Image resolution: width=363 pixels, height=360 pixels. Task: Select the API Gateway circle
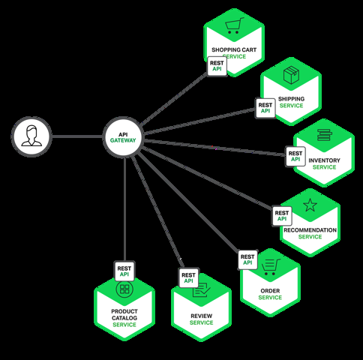124,137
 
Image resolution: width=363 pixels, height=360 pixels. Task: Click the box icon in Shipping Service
290,76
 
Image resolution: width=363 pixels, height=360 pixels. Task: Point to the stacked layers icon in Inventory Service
323,136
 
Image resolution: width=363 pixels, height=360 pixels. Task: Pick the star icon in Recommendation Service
310,205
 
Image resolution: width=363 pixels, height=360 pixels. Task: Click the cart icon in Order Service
270,264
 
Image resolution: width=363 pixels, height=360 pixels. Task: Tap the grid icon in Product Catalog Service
124,289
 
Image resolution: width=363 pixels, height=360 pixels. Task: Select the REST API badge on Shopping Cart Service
217,65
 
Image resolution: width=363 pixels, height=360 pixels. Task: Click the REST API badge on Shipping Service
265,107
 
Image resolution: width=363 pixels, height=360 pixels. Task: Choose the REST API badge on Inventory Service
295,156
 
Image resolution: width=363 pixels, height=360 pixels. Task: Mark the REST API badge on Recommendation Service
282,216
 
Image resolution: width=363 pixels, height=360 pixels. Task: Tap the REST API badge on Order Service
247,260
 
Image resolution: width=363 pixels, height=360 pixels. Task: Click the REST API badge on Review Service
188,278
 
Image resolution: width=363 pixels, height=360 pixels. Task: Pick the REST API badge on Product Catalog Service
124,270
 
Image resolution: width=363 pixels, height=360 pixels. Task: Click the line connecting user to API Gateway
76,137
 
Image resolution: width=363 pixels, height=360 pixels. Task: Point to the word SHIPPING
291,98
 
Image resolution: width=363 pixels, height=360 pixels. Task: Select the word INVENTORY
324,160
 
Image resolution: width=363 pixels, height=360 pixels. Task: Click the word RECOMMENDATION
310,230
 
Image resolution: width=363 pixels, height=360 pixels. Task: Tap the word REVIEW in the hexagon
201,316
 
